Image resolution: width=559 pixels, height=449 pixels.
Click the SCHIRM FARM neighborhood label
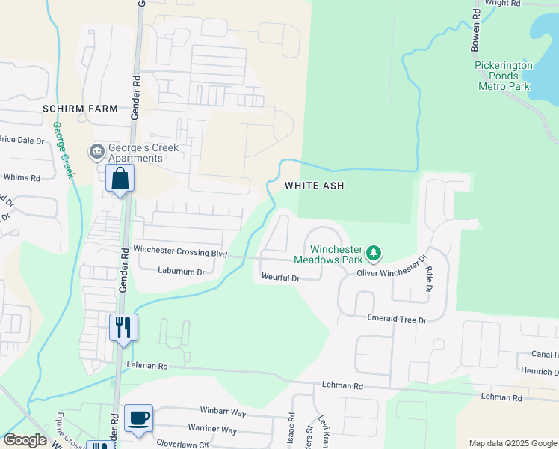(80, 109)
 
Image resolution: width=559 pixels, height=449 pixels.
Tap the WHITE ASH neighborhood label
(314, 186)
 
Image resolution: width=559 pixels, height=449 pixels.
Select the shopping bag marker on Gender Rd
(120, 180)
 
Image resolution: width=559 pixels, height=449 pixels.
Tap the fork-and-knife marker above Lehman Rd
(123, 327)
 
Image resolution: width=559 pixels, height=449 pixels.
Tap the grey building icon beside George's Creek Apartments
(96, 153)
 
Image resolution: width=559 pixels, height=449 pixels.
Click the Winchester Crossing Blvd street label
(180, 253)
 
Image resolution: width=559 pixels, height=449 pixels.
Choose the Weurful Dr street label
(280, 278)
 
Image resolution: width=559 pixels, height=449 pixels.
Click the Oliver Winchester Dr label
(391, 272)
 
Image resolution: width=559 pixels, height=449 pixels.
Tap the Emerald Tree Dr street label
(396, 320)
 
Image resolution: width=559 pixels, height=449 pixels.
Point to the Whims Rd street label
(21, 177)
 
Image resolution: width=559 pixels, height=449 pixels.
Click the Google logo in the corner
(24, 440)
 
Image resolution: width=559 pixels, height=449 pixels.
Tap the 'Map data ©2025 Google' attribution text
(513, 443)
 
